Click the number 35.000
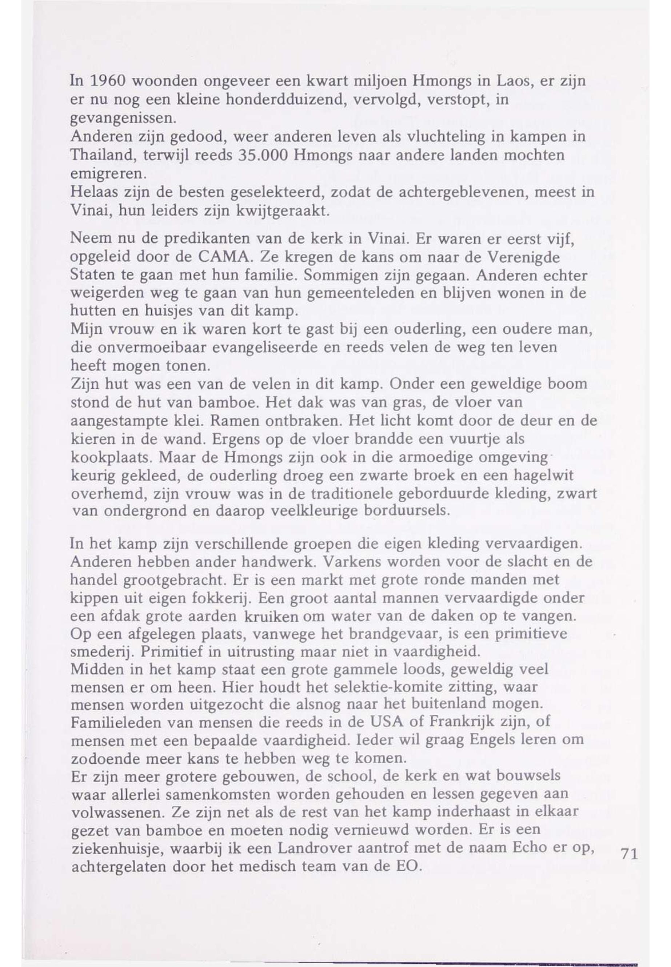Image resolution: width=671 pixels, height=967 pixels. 263,156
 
